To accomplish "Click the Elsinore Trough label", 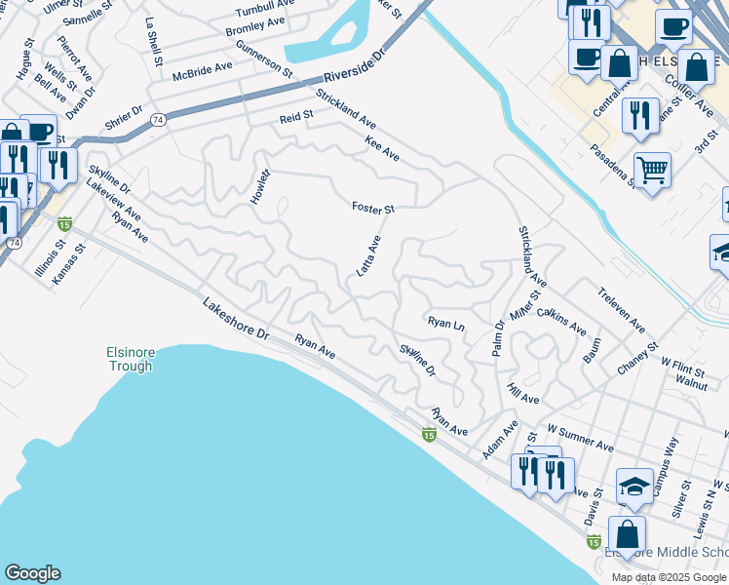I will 130,360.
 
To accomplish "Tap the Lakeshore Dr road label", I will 235,319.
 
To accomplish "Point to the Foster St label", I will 372,208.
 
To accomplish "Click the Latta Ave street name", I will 368,255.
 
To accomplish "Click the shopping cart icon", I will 652,171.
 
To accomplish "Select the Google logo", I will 32,573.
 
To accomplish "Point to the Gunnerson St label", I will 263,58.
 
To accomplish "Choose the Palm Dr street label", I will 498,337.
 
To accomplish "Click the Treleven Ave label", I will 621,308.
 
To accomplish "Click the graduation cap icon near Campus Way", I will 634,486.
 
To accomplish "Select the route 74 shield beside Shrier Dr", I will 159,119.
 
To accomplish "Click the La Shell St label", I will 154,42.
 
